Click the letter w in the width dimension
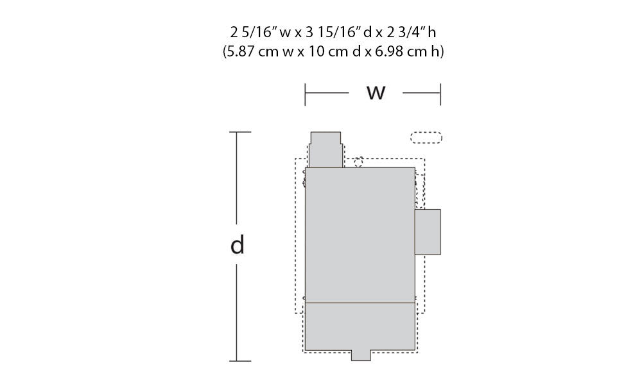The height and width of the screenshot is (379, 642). coord(376,93)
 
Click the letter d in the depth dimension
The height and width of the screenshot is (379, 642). coord(238,244)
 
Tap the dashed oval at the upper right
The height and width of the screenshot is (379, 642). coord(426,138)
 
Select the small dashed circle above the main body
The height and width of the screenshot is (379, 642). coord(358,162)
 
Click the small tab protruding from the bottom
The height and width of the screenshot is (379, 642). coord(361,355)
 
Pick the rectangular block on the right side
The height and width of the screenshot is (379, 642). coord(428,232)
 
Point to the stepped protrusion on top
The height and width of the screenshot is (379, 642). coord(325,149)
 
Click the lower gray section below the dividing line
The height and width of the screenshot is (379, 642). coord(360,326)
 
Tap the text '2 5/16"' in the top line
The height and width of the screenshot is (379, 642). coord(254,32)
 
